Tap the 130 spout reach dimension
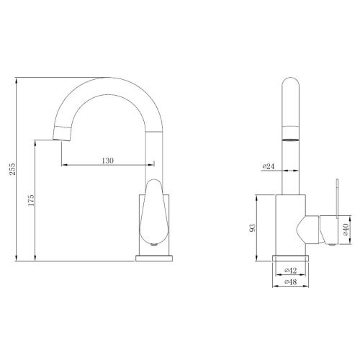click(x=107, y=161)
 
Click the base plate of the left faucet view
click(x=154, y=256)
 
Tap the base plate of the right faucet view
click(x=291, y=257)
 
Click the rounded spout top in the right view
click(x=290, y=85)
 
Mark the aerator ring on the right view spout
click(x=290, y=134)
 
